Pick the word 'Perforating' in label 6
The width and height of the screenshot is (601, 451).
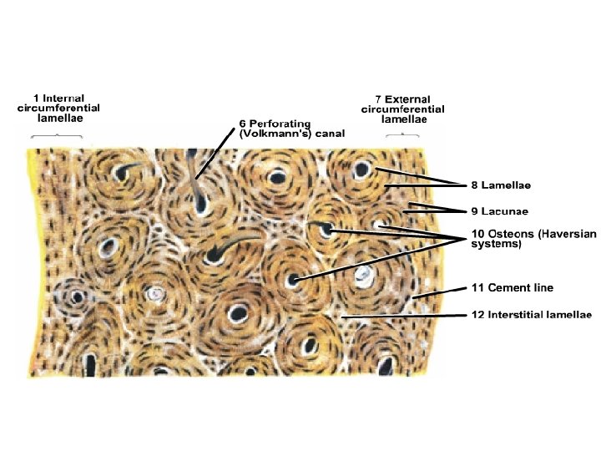[x=278, y=123]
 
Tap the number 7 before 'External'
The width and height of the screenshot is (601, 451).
[x=377, y=99]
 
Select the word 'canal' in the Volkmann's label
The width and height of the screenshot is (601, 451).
[x=327, y=134]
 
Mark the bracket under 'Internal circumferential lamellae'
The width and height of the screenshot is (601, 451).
[x=57, y=134]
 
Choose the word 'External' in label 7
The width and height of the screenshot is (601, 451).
[x=407, y=99]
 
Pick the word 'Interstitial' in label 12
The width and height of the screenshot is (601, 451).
[x=515, y=315]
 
